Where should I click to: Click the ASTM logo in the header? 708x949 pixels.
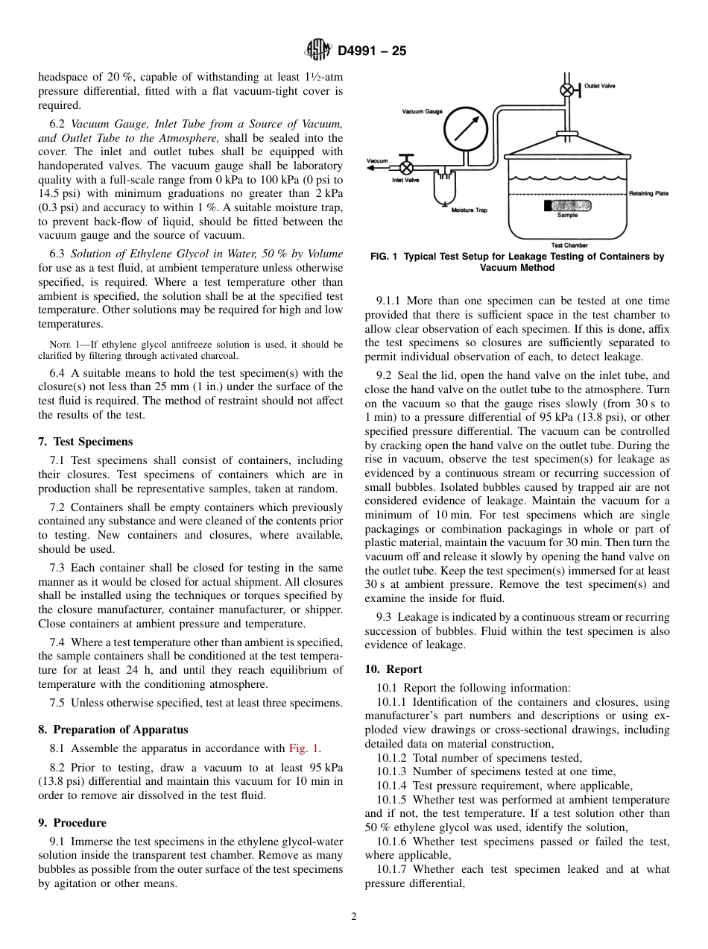tap(318, 51)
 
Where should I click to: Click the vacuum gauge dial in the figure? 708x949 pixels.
tap(466, 131)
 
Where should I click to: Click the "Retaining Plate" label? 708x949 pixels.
tap(648, 193)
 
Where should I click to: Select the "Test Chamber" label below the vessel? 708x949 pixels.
tap(569, 245)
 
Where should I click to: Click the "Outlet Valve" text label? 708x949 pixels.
tap(599, 87)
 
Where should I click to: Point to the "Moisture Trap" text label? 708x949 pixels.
tap(470, 210)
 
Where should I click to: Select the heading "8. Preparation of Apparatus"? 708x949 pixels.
tap(113, 730)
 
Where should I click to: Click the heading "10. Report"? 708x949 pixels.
tap(393, 669)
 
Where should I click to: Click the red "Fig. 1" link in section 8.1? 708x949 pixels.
tap(303, 748)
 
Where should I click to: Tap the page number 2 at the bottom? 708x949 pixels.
tap(354, 917)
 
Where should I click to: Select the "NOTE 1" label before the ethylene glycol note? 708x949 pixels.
tap(64, 345)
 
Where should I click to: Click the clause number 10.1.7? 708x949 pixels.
tap(392, 869)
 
